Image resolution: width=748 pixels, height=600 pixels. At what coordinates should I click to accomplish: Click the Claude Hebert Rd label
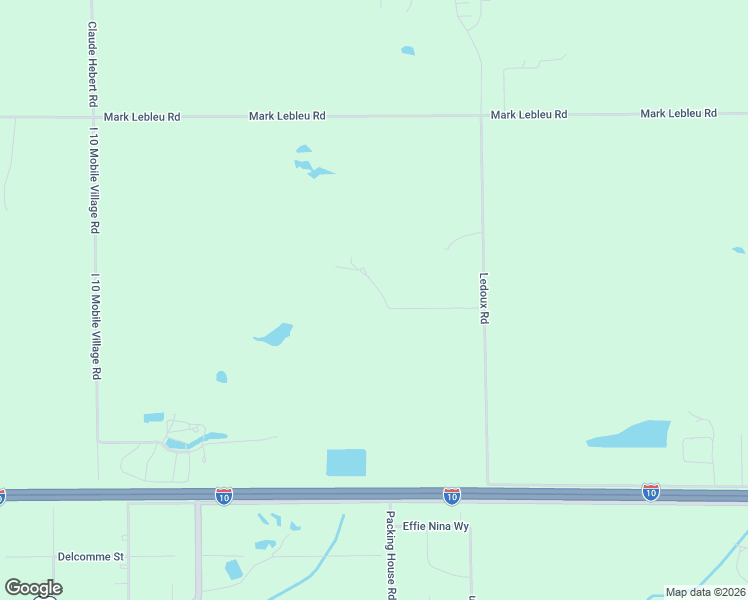(x=92, y=65)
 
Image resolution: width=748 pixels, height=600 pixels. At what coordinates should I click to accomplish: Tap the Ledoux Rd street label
(x=484, y=298)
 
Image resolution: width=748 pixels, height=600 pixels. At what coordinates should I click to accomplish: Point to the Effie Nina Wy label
(x=436, y=526)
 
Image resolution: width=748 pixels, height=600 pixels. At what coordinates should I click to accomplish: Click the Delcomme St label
(x=90, y=556)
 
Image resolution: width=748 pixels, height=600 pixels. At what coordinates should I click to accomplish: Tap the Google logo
(x=33, y=588)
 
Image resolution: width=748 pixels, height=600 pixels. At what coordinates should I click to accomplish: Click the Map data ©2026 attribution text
(x=705, y=592)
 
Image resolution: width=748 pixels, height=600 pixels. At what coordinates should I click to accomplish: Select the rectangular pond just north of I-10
(x=346, y=462)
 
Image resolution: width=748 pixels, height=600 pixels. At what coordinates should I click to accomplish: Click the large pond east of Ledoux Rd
(x=634, y=434)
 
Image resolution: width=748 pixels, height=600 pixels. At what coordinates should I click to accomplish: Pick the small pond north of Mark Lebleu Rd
(x=407, y=50)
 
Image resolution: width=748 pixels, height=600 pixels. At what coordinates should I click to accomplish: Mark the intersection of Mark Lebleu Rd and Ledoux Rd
(x=482, y=115)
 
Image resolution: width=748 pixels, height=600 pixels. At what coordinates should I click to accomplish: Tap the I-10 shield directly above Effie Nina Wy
(x=452, y=495)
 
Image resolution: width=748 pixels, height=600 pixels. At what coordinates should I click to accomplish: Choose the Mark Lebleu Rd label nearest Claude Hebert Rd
(x=142, y=117)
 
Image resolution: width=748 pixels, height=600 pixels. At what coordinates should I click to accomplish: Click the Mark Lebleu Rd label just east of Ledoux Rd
(x=529, y=115)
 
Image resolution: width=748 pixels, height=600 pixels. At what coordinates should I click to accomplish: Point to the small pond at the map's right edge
(x=739, y=250)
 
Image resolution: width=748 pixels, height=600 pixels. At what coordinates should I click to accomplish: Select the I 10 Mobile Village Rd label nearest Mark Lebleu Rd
(x=93, y=180)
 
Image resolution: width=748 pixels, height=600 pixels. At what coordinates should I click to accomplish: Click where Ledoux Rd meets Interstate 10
(x=488, y=487)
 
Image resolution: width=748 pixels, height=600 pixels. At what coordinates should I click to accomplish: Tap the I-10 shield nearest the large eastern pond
(x=651, y=491)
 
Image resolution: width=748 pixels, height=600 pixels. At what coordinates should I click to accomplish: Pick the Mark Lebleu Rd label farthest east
(x=679, y=114)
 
